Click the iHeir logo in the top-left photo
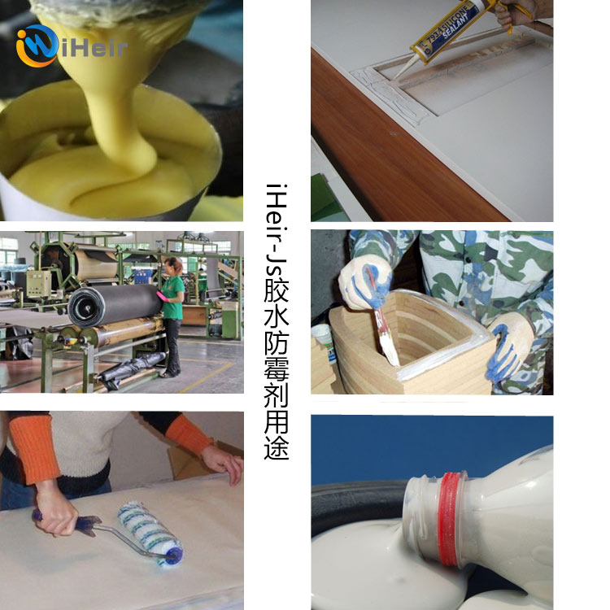pyautogui.click(x=71, y=46)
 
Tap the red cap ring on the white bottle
pyautogui.click(x=451, y=520)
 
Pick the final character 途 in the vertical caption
pyautogui.click(x=277, y=448)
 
